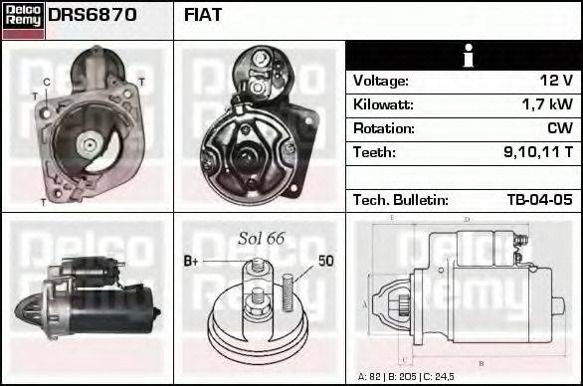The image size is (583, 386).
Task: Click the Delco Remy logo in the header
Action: pyautogui.click(x=23, y=20)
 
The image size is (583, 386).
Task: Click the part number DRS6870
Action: pyautogui.click(x=93, y=15)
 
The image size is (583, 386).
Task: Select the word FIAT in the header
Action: pyautogui.click(x=203, y=15)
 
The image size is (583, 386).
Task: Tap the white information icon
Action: pyautogui.click(x=469, y=56)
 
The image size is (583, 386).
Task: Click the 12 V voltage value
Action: pyautogui.click(x=556, y=81)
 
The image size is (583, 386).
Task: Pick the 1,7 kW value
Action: pyautogui.click(x=547, y=104)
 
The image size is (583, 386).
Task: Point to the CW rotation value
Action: pyautogui.click(x=560, y=128)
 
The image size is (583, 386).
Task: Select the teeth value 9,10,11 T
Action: pyautogui.click(x=538, y=152)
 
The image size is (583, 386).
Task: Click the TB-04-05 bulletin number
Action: pyautogui.click(x=540, y=200)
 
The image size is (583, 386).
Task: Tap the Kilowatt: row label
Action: pyautogui.click(x=383, y=104)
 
